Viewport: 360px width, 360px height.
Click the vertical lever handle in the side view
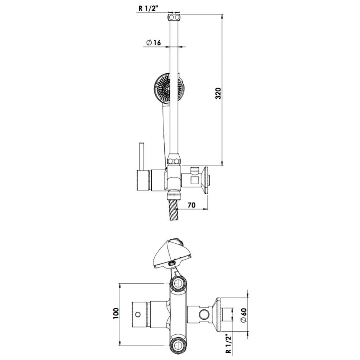142,156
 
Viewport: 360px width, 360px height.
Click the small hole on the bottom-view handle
138,315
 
